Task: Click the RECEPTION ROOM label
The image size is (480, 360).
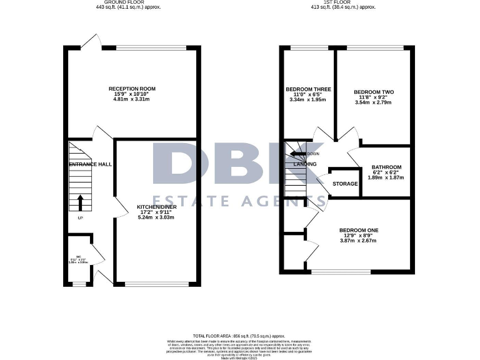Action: [x=132, y=89]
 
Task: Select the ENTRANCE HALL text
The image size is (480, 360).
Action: [x=90, y=164]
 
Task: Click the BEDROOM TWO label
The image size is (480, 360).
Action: [x=374, y=92]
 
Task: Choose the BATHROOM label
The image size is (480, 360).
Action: [x=386, y=167]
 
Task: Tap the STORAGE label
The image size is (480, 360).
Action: [x=345, y=184]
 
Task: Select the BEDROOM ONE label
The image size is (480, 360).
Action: [x=359, y=231]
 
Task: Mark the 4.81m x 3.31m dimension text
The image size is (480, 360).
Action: [x=132, y=99]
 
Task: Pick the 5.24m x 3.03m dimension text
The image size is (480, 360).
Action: [x=156, y=217]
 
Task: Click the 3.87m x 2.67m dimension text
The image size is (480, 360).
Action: [x=359, y=241]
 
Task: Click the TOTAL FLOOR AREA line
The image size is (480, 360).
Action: [x=239, y=336]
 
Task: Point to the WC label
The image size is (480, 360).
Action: [x=79, y=257]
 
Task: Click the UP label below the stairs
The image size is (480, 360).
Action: [x=80, y=218]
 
